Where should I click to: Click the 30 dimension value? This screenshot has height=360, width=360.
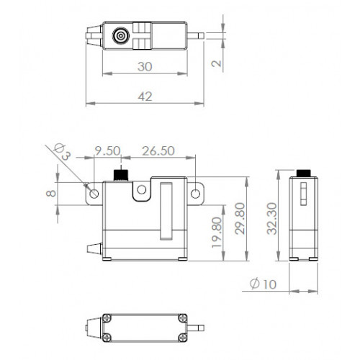[x=145, y=66]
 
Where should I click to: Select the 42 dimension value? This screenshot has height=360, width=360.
[x=145, y=96]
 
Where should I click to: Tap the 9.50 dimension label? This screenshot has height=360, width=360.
[x=107, y=150]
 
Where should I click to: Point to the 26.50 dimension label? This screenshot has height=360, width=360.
[x=158, y=151]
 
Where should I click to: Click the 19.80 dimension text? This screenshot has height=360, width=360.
[x=217, y=233]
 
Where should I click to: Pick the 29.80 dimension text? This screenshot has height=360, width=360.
[x=240, y=219]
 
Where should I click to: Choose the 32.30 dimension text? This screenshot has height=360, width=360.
[x=272, y=219]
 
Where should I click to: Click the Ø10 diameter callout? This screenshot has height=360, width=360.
[x=263, y=284]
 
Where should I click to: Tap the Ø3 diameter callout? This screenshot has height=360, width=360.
[x=62, y=151]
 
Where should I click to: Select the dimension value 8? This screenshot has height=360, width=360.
[x=51, y=193]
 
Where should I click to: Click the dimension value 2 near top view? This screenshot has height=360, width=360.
[x=217, y=63]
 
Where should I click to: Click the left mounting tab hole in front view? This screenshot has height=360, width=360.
[x=94, y=193]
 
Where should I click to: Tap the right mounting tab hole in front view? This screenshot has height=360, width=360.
[x=196, y=194]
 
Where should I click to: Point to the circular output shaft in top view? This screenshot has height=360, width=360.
[x=121, y=36]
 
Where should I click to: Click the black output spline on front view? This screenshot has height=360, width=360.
[x=121, y=175]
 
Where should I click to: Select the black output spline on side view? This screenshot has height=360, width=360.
[x=304, y=173]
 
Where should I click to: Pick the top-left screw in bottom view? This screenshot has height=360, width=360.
[x=107, y=318]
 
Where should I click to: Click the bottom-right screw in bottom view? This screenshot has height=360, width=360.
[x=183, y=338]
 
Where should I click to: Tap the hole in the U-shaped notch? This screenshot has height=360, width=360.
[x=142, y=189]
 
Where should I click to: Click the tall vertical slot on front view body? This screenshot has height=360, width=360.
[x=166, y=211]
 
